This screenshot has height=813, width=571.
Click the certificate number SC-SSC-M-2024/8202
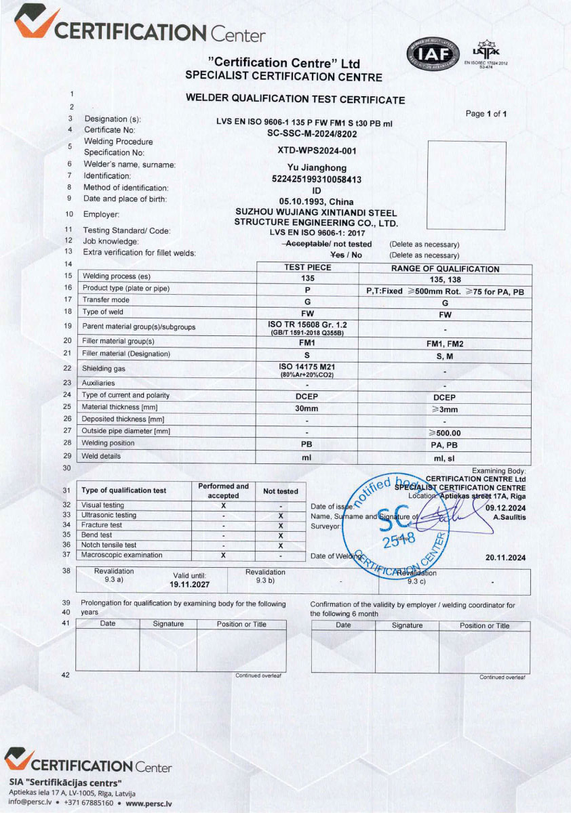click(x=308, y=133)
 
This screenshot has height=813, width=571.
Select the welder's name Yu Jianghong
click(x=308, y=167)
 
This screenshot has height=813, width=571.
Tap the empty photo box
click(x=467, y=184)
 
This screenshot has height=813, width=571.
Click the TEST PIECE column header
click(x=307, y=268)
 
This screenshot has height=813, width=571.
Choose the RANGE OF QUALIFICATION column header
click(x=445, y=269)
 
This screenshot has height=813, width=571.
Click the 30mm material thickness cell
click(x=307, y=409)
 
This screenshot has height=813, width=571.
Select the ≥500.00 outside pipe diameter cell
click(x=445, y=432)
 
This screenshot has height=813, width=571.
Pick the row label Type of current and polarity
click(x=125, y=395)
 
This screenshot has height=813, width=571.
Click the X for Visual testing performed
click(x=223, y=505)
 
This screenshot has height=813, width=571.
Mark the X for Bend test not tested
click(x=280, y=535)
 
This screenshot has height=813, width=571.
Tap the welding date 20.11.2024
click(x=505, y=558)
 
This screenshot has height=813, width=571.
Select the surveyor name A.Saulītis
click(x=509, y=517)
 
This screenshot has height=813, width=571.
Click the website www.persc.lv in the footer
click(x=149, y=804)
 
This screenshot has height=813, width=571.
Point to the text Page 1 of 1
click(x=486, y=114)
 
